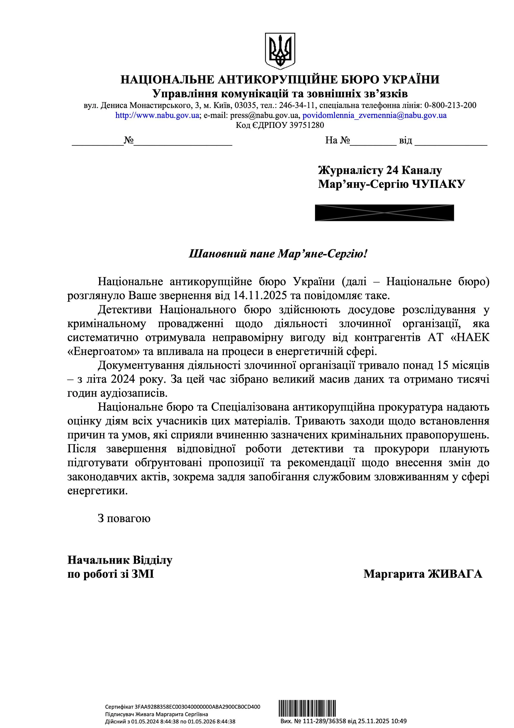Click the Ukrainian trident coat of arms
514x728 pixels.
280,51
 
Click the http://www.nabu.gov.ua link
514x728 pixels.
157,115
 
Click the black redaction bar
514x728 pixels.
384,213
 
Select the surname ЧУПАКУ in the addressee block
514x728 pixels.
438,184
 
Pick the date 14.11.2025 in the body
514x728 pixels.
260,296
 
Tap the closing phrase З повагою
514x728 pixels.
124,518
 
